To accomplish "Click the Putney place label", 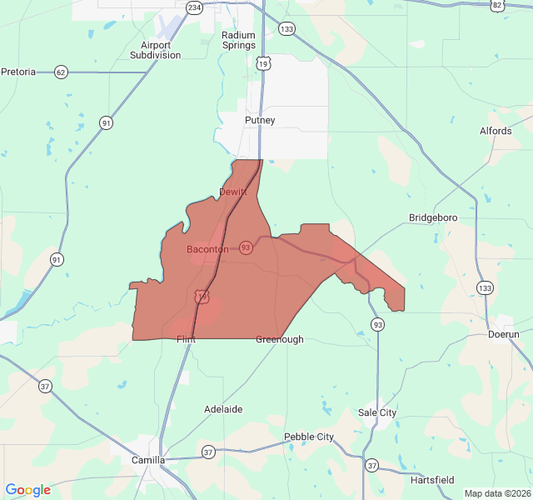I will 260,120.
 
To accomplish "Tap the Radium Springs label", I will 238,40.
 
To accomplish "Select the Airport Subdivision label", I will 155,50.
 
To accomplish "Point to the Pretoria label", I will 18,72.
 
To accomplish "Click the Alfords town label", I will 496,131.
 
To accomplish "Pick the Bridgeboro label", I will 433,217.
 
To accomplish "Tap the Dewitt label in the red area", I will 233,192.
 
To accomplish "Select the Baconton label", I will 207,249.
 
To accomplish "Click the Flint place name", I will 186,339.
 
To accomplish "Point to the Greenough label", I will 280,339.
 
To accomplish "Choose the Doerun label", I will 503,334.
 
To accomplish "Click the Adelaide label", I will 224,409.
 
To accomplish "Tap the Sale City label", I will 377,412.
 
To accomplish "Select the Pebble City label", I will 309,437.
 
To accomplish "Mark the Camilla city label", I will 148,459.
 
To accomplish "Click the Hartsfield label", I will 432,480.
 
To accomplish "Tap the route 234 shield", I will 194,7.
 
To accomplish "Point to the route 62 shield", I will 61,72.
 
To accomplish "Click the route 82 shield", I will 497,5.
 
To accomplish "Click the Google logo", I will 27,490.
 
